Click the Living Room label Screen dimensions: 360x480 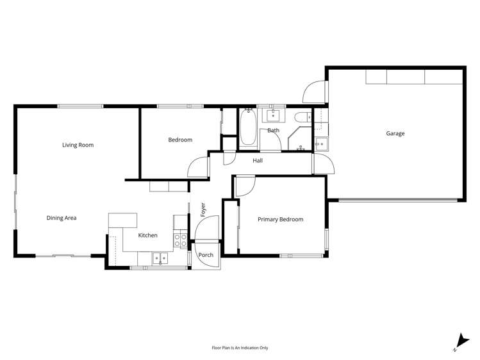[x=78, y=145]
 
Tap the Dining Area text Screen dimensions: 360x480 [x=62, y=218]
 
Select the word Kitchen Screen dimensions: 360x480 [x=147, y=236]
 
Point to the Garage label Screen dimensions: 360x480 [x=395, y=134]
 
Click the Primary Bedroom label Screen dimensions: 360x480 [x=280, y=220]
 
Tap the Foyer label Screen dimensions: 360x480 [x=203, y=209]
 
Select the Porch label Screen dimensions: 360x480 [x=206, y=255]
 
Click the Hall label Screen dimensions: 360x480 [x=258, y=161]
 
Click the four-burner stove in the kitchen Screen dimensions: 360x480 [x=181, y=240]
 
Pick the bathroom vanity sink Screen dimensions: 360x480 [x=275, y=115]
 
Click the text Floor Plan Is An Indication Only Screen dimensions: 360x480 [x=240, y=348]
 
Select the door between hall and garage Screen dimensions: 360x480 [x=320, y=164]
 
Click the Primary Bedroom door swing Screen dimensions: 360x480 [x=244, y=186]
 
